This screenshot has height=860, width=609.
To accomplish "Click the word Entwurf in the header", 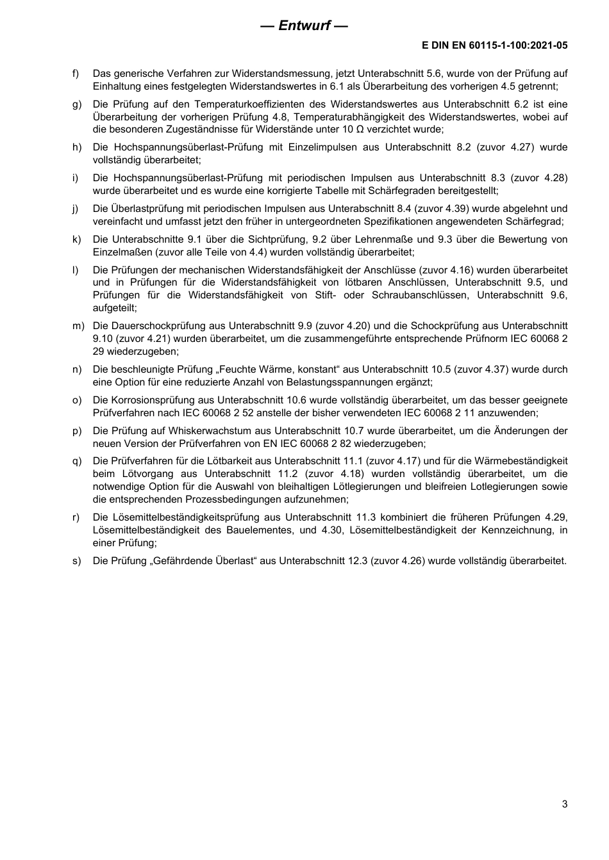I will tap(304, 26).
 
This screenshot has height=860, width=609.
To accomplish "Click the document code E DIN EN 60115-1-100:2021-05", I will tap(494, 46).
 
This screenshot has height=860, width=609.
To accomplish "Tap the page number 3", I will tap(565, 804).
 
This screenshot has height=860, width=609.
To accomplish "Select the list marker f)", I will tap(76, 74).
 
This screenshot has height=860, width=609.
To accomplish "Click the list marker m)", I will tap(78, 326).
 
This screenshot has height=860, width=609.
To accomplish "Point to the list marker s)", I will tap(76, 561).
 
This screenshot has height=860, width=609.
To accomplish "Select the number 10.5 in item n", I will tap(437, 369).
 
